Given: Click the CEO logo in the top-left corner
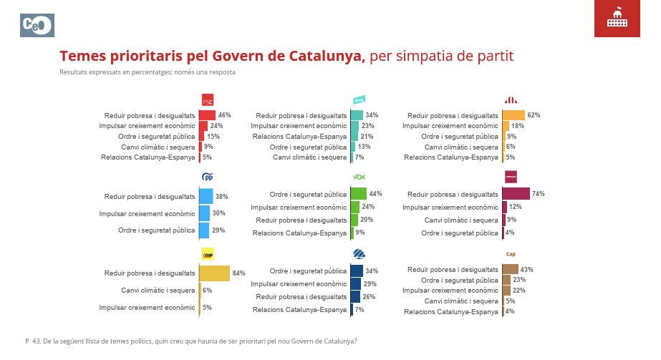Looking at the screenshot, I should point(37,25).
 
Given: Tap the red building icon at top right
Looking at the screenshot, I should point(617,19).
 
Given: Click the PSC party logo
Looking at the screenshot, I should point(208,100).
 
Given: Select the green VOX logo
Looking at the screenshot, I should point(360,177).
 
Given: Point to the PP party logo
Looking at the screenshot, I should point(208,177).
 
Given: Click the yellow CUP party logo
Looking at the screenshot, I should point(208,254).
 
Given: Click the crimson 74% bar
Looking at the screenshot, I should point(516,194).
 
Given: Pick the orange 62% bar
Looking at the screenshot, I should point(513,115).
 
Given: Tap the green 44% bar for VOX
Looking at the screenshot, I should point(358,194).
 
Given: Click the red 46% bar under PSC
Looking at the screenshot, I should point(207,115).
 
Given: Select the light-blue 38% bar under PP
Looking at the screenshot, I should point(206,196).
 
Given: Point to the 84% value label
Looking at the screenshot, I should point(239,273).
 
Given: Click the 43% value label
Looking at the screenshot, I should point(527,270).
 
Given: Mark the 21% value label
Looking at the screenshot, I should point(367,136).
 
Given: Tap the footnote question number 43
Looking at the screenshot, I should point(36,341).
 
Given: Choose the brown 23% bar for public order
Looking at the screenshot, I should point(506,280).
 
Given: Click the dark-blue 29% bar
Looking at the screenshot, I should point(355,284).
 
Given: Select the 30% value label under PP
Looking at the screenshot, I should point(218,213).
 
